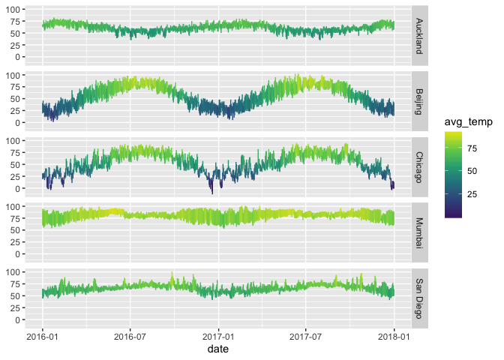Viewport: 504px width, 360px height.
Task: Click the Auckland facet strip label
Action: point(420,33)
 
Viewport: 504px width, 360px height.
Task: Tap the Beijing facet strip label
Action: point(420,99)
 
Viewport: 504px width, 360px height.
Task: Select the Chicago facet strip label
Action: point(420,164)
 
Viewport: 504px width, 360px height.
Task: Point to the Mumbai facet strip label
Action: point(420,230)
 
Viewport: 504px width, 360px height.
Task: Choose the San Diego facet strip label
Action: point(420,295)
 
